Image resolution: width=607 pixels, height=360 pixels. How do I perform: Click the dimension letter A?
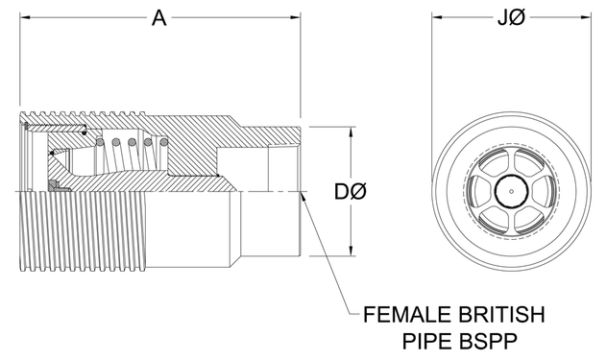(158, 18)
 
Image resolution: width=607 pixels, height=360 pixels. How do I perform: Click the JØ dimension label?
(511, 18)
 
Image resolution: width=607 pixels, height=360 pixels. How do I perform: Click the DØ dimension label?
(351, 192)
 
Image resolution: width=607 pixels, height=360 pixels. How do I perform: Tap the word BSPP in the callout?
(489, 342)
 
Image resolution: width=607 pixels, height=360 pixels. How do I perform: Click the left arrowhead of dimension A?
(25, 17)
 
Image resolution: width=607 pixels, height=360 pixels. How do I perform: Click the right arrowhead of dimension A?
(295, 17)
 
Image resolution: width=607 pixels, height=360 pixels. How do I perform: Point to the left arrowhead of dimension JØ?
(437, 17)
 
